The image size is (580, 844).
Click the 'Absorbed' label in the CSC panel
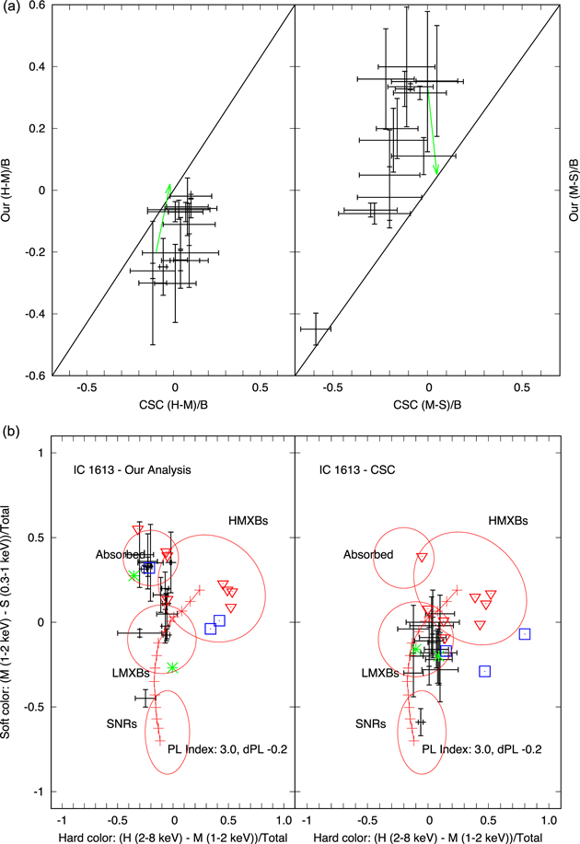368,554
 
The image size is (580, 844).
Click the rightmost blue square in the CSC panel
525,633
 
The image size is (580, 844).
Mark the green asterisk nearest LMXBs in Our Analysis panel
172,667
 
